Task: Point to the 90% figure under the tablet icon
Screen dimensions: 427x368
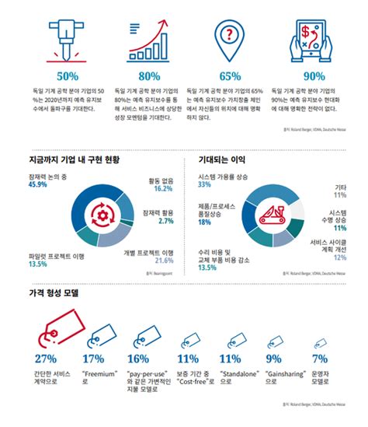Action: pyautogui.click(x=315, y=77)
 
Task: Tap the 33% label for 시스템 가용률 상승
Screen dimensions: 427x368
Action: pyautogui.click(x=205, y=185)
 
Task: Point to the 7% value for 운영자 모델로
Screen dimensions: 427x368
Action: pyautogui.click(x=318, y=359)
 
